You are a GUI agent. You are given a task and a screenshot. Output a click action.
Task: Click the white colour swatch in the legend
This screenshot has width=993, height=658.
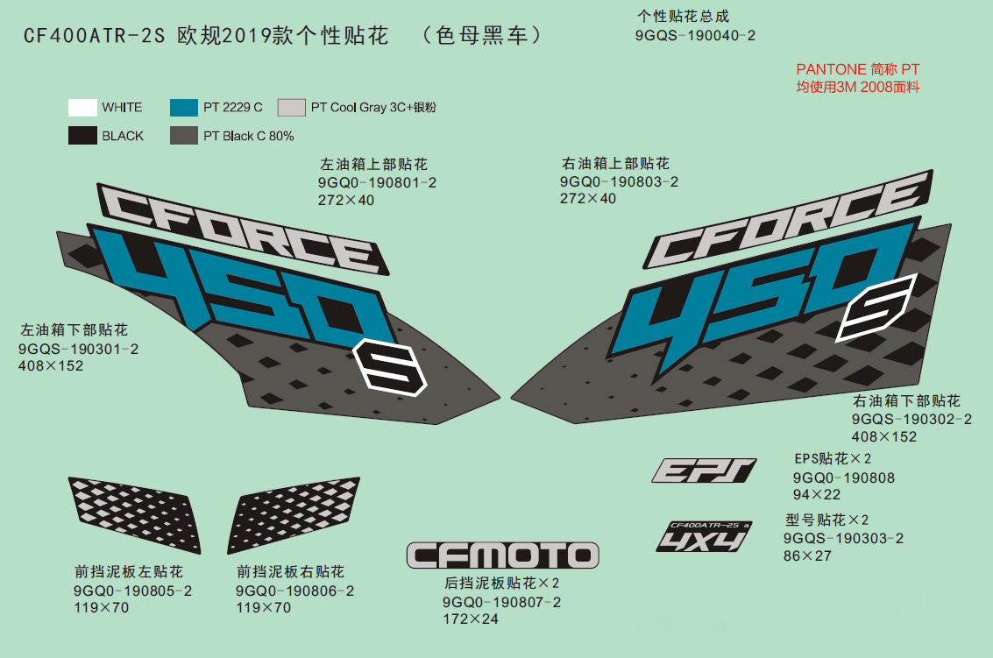click(82, 108)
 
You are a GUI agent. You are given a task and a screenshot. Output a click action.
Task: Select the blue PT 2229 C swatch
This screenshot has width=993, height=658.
click(184, 108)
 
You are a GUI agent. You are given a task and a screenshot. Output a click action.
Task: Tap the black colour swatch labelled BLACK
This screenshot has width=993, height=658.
click(82, 136)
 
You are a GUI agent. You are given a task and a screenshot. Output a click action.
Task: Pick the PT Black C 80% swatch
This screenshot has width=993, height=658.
click(184, 136)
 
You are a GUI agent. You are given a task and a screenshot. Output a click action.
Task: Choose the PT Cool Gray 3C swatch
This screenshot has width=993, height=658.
click(291, 108)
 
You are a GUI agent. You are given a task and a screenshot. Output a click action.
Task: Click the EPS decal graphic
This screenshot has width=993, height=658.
click(705, 471)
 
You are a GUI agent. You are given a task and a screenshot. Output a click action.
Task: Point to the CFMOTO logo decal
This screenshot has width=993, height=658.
click(503, 555)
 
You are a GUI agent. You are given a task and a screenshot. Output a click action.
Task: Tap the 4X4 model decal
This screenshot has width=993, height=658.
click(705, 536)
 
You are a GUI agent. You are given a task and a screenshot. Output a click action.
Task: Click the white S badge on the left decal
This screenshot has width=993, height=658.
click(389, 368)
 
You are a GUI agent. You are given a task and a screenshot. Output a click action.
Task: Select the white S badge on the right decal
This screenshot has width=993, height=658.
click(877, 308)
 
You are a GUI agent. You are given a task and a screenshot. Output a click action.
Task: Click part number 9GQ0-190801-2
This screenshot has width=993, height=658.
click(378, 183)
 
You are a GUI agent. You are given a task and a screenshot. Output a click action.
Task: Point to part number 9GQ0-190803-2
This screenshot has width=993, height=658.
click(619, 181)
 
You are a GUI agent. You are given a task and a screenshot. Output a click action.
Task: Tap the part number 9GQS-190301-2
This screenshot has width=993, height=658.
click(79, 349)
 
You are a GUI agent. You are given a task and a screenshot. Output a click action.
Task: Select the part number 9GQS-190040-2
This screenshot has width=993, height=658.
click(695, 35)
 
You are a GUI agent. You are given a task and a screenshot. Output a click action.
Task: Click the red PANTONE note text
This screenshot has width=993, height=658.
click(857, 78)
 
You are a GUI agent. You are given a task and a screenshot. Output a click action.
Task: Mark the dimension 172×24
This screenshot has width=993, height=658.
click(471, 619)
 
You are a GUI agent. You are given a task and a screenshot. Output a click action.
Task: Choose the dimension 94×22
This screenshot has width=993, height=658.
click(817, 495)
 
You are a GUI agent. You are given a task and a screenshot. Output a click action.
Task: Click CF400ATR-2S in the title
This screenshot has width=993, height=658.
click(95, 35)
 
